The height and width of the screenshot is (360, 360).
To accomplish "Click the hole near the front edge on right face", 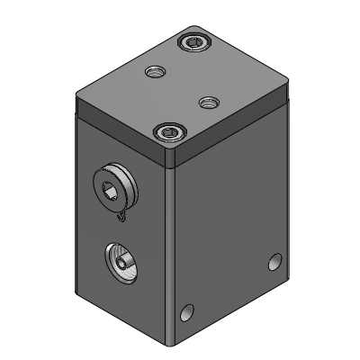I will tap(187, 313).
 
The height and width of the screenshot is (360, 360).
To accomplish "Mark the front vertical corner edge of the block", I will tap(172, 252).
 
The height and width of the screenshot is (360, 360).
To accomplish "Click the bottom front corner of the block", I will tap(172, 344).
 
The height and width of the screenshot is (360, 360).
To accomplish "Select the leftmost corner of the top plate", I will tap(76, 90).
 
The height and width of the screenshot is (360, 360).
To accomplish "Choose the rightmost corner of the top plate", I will tap(287, 86).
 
